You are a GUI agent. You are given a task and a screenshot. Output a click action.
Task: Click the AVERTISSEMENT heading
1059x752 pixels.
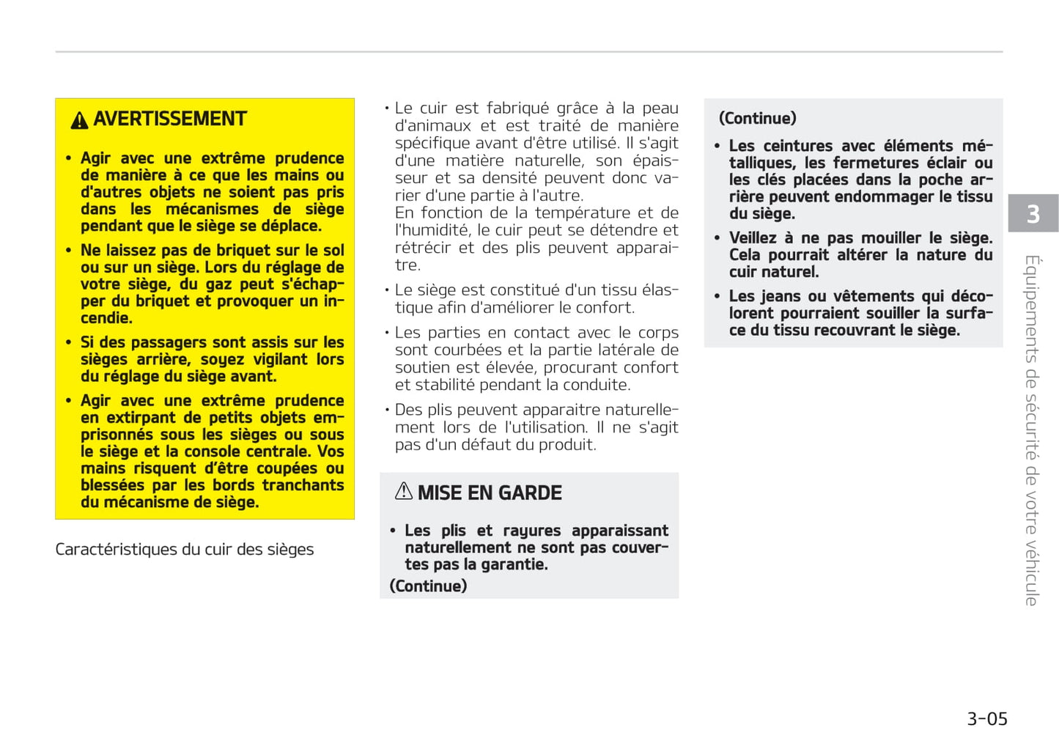pyautogui.click(x=170, y=119)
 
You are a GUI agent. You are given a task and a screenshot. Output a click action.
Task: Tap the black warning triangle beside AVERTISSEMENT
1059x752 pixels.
pyautogui.click(x=79, y=121)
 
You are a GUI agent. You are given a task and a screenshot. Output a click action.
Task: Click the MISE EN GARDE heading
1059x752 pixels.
pyautogui.click(x=490, y=493)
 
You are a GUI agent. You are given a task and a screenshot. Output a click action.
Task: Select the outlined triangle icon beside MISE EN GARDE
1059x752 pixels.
pyautogui.click(x=404, y=492)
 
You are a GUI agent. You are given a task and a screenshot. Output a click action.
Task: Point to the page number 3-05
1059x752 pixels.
pyautogui.click(x=986, y=719)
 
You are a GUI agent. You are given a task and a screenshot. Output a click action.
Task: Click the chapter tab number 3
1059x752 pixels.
pyautogui.click(x=1033, y=214)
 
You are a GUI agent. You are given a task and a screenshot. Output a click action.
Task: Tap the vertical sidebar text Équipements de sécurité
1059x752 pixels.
pyautogui.click(x=1032, y=430)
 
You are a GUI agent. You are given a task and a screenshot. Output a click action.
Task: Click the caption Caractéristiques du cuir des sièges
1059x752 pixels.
pyautogui.click(x=184, y=550)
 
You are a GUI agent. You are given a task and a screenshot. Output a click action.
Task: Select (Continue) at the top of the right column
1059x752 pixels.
pyautogui.click(x=757, y=119)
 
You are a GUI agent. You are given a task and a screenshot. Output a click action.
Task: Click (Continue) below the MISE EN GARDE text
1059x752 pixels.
pyautogui.click(x=428, y=586)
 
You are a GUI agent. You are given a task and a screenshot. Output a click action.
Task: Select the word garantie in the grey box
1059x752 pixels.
pyautogui.click(x=517, y=565)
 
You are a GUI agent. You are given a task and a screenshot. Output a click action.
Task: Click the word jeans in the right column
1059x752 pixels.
pyautogui.click(x=780, y=296)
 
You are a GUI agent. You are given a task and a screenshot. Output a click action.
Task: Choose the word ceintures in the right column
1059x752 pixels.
pyautogui.click(x=797, y=146)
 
